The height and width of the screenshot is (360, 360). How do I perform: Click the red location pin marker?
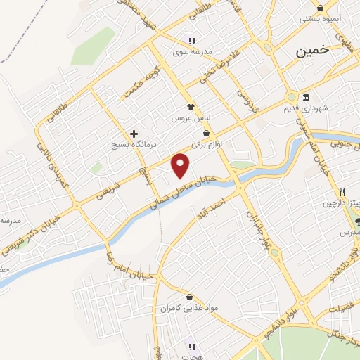pyautogui.click(x=181, y=165)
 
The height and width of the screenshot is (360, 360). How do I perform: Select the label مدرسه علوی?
pyautogui.click(x=192, y=51)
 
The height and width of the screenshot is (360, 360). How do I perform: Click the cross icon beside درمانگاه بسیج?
pyautogui.click(x=133, y=133)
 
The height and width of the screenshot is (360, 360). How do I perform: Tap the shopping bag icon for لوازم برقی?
pyautogui.click(x=206, y=132)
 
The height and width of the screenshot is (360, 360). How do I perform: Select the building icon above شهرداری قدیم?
pyautogui.click(x=307, y=98)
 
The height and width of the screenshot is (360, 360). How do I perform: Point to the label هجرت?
pyautogui.click(x=192, y=356)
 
